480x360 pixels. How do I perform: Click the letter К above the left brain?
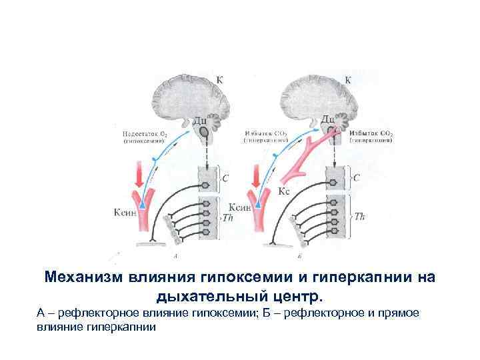point(220,80)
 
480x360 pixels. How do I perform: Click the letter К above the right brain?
point(347,79)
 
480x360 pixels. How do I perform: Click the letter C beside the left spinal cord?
point(225,178)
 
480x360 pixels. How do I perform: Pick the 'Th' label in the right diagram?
point(359,216)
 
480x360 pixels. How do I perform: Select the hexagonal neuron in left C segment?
point(204,180)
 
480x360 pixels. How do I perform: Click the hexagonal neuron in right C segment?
point(332,180)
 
